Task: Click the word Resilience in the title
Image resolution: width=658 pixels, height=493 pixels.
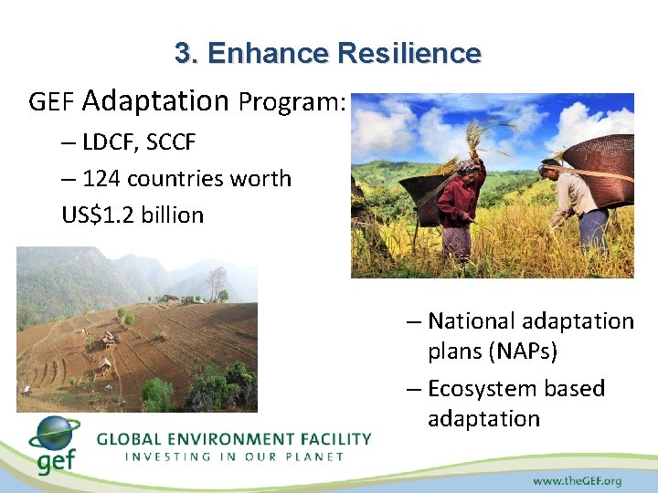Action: (409, 53)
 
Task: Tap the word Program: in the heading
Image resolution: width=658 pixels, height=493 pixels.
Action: (292, 102)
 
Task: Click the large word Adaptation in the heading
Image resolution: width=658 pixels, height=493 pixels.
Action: (155, 100)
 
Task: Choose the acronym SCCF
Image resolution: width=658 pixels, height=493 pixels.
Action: (174, 142)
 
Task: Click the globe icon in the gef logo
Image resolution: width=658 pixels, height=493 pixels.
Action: (54, 436)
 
